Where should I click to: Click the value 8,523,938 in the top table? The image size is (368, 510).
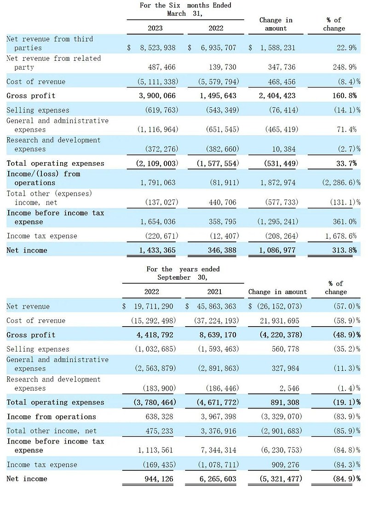154,47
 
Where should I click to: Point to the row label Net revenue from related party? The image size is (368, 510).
53,63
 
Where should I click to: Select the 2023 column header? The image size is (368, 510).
155,28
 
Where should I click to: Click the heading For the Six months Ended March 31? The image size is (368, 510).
185,9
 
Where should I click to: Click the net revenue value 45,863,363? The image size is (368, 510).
214,306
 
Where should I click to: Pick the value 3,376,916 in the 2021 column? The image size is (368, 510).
218,431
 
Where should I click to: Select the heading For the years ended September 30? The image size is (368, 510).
183,273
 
